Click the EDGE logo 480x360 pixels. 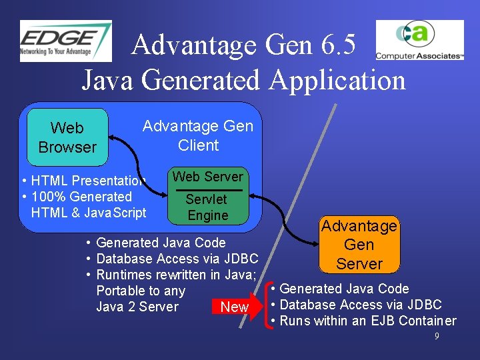(x=65, y=41)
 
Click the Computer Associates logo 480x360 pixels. (x=419, y=41)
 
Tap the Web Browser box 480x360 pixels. (x=67, y=137)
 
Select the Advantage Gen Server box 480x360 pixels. (x=359, y=245)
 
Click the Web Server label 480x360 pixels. (x=208, y=177)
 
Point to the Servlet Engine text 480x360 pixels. (x=207, y=207)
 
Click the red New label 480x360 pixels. (x=234, y=307)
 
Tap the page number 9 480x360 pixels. (x=437, y=337)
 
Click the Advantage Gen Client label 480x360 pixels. (x=198, y=136)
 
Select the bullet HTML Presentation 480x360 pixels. (x=83, y=181)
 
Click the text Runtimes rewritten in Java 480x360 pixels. (x=177, y=275)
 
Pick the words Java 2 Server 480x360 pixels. (x=137, y=307)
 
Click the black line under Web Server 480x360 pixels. (x=209, y=189)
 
